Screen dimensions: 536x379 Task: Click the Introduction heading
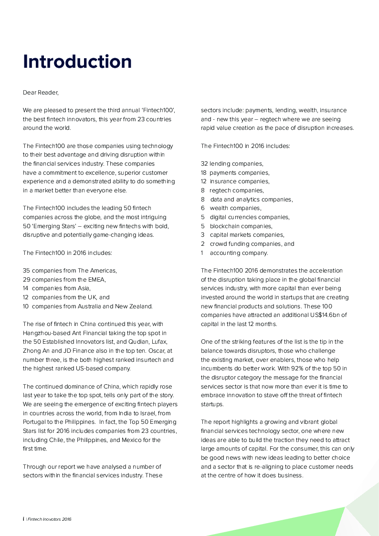tap(77, 62)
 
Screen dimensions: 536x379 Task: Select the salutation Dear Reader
tap(41, 93)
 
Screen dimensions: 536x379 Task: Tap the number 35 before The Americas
tap(26, 270)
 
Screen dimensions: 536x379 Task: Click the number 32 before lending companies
tap(204, 164)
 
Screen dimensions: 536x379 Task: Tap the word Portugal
tap(34, 422)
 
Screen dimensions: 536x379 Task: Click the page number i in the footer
tap(23, 519)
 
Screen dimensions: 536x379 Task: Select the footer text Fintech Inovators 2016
tap(50, 519)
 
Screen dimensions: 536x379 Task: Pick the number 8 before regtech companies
tap(203, 190)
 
